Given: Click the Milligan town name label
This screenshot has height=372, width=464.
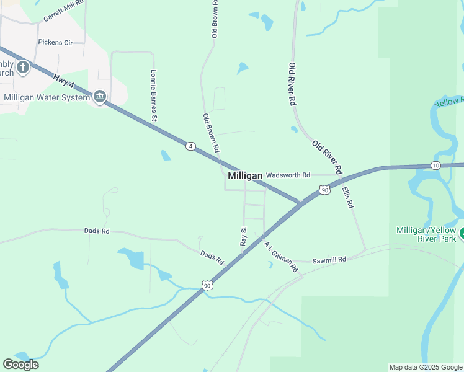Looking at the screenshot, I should coord(245,176).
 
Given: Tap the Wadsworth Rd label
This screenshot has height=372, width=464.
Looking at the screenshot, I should coord(287,175).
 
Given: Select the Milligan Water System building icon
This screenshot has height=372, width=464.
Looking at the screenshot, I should coord(100,97).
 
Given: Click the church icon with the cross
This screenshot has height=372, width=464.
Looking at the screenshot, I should coord(23,67).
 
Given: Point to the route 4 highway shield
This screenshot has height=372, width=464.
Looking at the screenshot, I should coord(191,146).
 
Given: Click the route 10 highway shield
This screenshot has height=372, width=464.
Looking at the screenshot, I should coord(435,166).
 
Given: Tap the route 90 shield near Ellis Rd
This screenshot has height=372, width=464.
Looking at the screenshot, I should coord(325,191).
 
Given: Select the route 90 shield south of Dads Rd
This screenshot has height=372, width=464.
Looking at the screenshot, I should coord(207,285).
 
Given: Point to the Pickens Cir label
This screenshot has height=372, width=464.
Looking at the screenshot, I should coord(56,43).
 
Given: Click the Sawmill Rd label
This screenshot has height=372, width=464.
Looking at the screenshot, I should coord(329,260).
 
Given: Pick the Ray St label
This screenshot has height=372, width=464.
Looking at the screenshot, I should coord(243,236).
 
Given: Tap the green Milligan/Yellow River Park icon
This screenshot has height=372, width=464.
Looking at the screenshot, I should coord(462,234).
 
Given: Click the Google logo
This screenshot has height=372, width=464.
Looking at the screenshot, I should coord(20,365).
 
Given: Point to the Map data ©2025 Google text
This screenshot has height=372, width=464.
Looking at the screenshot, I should coord(426,367).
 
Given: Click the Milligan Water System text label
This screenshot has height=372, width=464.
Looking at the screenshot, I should coord(47,97).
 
